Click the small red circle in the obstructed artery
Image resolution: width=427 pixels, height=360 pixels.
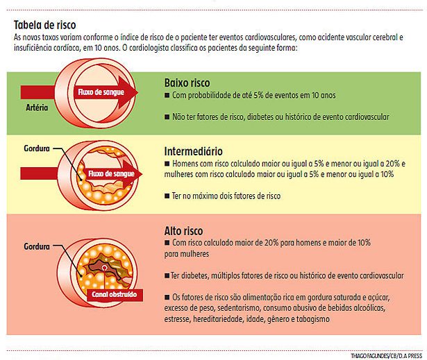click(103, 267)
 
